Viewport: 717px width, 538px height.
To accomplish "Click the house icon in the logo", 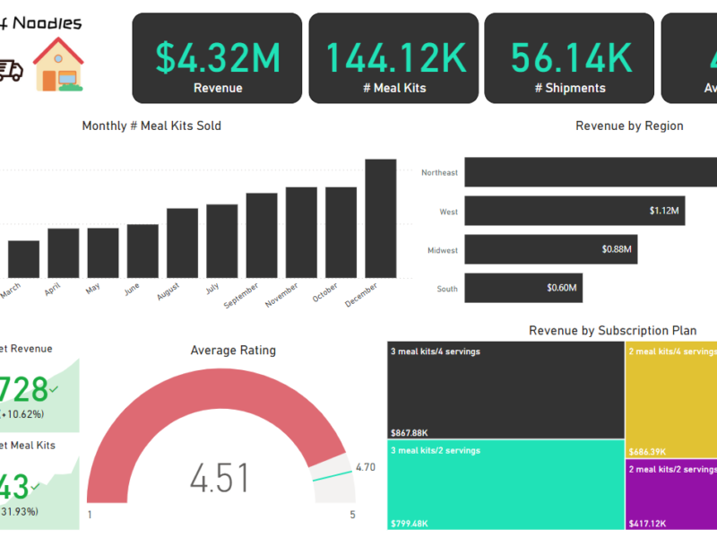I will coord(57,65).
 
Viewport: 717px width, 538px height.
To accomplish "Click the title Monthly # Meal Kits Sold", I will coord(151,126).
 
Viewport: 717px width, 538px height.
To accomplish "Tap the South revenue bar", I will coord(523,289).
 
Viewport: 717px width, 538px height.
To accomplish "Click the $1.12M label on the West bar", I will coord(664,212).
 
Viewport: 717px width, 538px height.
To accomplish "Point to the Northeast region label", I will coord(439,172).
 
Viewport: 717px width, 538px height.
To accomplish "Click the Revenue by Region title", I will coord(629,126).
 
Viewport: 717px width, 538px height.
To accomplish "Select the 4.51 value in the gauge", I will coord(220,477).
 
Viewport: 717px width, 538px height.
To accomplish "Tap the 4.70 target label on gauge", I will coord(365,467).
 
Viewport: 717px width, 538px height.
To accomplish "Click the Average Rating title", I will coord(233,350).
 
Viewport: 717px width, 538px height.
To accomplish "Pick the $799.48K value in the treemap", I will coord(410,523).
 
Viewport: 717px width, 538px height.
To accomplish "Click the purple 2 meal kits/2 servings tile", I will coord(670,492).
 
